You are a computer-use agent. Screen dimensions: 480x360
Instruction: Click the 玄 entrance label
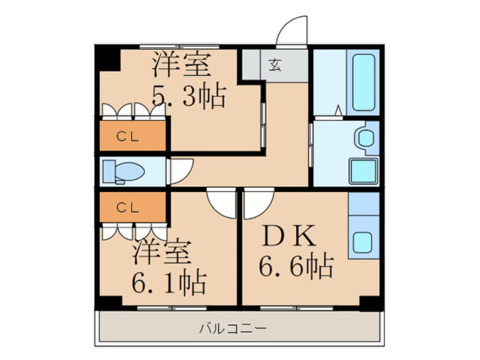coord(275,65)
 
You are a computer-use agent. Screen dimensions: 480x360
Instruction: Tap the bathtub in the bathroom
coord(363,82)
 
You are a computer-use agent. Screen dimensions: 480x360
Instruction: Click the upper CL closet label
coord(128,137)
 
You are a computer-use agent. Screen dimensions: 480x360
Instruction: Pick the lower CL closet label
coord(128,208)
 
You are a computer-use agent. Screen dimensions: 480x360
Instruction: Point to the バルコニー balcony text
coord(233,329)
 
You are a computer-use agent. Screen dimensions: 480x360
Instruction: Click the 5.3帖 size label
coord(189,95)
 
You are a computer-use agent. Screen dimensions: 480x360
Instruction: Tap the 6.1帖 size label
coord(169,282)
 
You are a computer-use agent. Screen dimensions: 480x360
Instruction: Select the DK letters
coord(289,236)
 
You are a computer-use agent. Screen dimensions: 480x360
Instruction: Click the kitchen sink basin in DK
coord(363,242)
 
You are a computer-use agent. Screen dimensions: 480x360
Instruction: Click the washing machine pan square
coord(363,171)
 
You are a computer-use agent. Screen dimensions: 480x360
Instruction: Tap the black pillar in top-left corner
coord(108,58)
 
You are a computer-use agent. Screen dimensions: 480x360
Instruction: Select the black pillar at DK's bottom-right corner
coord(371,303)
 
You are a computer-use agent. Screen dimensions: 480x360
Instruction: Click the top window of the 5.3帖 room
coord(179,47)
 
